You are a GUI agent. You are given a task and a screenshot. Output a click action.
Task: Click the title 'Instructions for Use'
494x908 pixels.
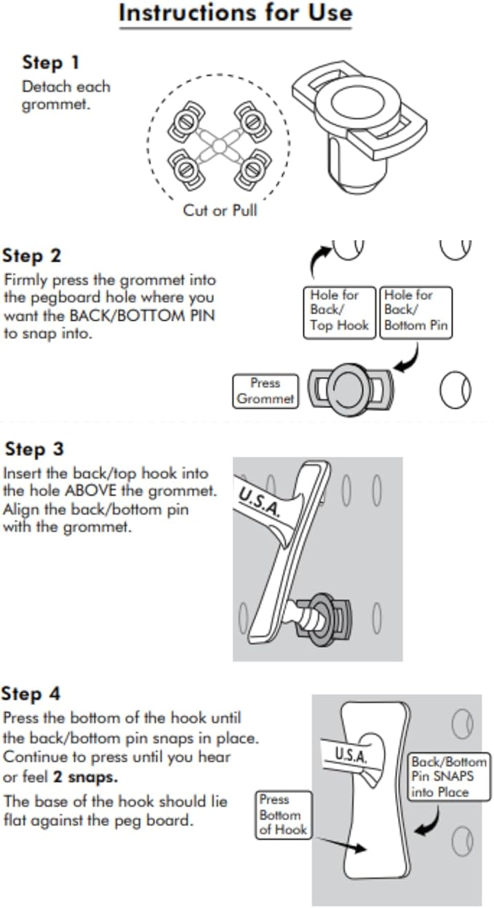(235, 13)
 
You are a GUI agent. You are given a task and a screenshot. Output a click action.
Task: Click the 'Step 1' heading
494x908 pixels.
(51, 63)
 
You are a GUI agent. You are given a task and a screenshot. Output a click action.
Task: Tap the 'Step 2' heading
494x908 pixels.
(32, 256)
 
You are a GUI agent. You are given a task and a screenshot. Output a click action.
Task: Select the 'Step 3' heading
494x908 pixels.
(34, 449)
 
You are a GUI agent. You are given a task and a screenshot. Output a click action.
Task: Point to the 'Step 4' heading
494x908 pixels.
(31, 693)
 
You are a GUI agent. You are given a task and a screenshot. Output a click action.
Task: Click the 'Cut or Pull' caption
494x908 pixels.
(220, 211)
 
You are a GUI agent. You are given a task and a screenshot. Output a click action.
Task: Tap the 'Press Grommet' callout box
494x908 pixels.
(265, 391)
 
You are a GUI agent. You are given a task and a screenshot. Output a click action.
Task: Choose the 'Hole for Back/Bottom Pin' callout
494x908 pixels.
(415, 311)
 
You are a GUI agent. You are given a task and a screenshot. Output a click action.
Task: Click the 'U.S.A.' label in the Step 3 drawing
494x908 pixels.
(260, 500)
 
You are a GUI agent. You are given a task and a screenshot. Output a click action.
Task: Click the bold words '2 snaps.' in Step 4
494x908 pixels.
(85, 778)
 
